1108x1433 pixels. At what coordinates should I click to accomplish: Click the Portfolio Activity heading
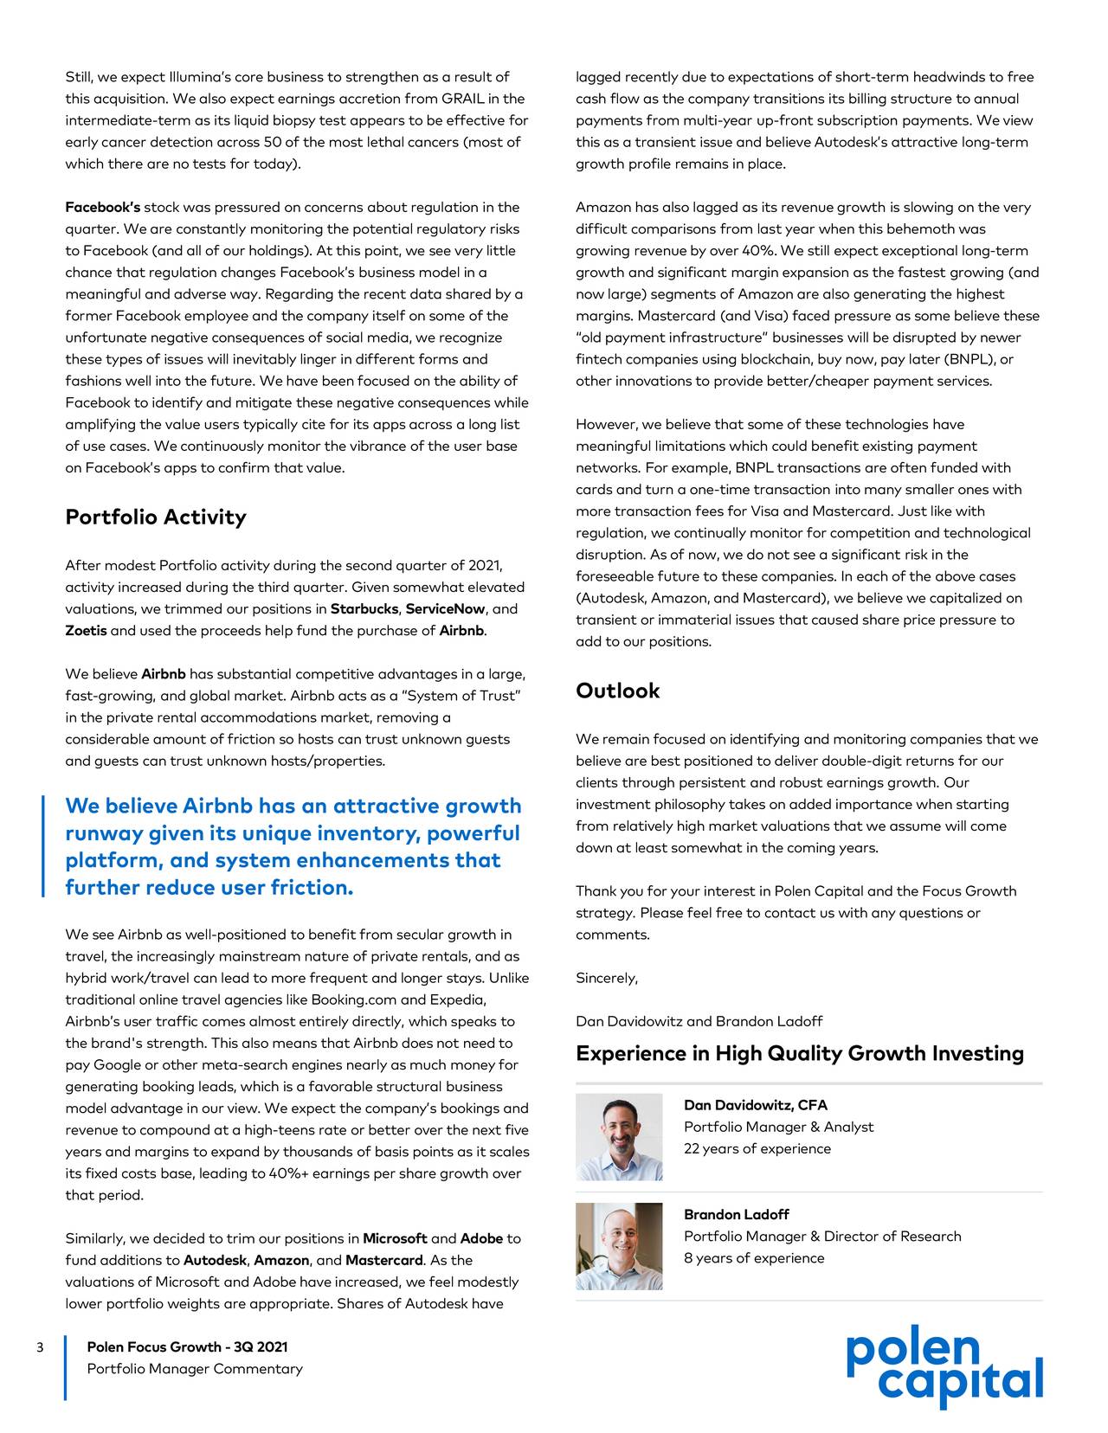pos(156,517)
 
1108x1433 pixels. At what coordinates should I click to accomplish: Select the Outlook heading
pos(617,691)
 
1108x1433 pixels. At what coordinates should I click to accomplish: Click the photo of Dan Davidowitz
pos(619,1137)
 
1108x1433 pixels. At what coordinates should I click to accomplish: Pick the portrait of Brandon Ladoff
pos(619,1246)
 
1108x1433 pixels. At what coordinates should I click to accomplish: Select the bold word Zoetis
pos(86,631)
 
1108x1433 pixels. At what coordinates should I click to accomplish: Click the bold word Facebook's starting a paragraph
pos(102,208)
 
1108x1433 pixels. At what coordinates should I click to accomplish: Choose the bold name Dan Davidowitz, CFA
pos(755,1105)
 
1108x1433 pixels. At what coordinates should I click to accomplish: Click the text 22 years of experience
pos(757,1148)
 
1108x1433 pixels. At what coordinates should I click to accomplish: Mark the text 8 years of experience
pos(753,1258)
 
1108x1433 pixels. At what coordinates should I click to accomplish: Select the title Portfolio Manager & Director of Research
pos(822,1237)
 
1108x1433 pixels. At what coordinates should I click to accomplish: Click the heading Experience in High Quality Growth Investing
pos(799,1054)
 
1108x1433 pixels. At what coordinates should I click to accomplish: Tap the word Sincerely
pos(606,978)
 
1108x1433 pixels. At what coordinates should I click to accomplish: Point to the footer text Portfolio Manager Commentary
pos(195,1369)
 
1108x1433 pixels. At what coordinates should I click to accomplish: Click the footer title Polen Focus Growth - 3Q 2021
pos(187,1347)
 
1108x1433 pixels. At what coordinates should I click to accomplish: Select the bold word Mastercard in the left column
pos(385,1261)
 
